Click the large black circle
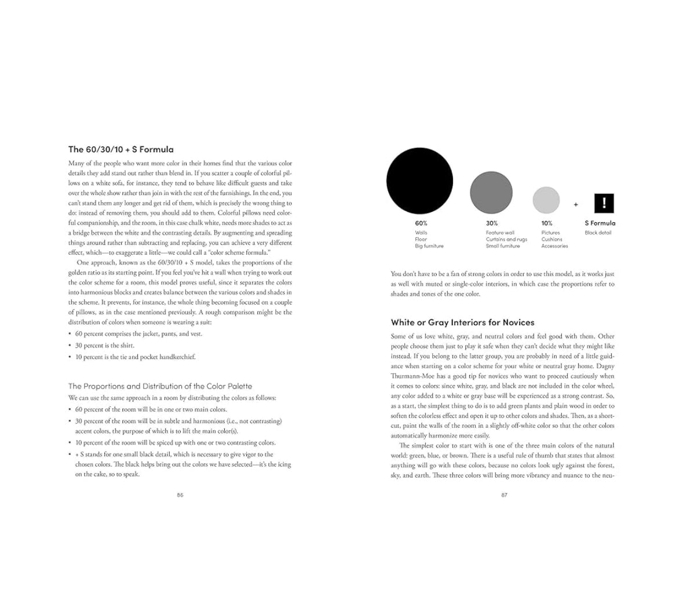[x=419, y=181]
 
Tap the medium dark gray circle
[x=491, y=193]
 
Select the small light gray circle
[x=546, y=200]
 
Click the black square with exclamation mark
[x=604, y=203]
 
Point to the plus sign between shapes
[x=576, y=204]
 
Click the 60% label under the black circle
[x=421, y=223]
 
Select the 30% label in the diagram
[x=492, y=223]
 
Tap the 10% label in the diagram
[x=547, y=223]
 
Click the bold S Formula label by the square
[x=600, y=223]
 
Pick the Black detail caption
[x=598, y=233]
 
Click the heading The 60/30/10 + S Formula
[x=121, y=149]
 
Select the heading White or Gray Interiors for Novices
[x=462, y=322]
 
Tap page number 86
[x=180, y=495]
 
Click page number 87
[x=504, y=495]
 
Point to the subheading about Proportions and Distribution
[x=160, y=386]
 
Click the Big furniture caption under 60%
[x=429, y=246]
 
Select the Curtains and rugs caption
[x=506, y=239]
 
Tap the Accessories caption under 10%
[x=554, y=246]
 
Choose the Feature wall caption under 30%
[x=500, y=233]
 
